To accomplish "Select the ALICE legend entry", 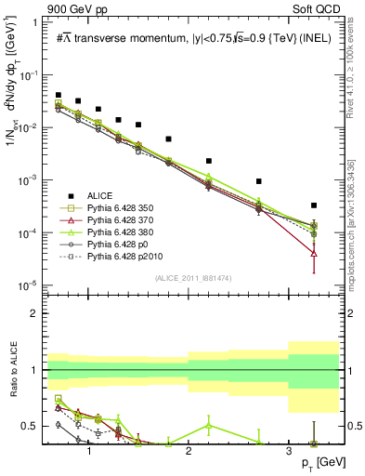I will (99, 195).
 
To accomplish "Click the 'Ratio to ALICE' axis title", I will (13, 370).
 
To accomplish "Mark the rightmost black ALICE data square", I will (314, 205).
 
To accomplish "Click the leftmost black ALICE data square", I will (59, 95).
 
